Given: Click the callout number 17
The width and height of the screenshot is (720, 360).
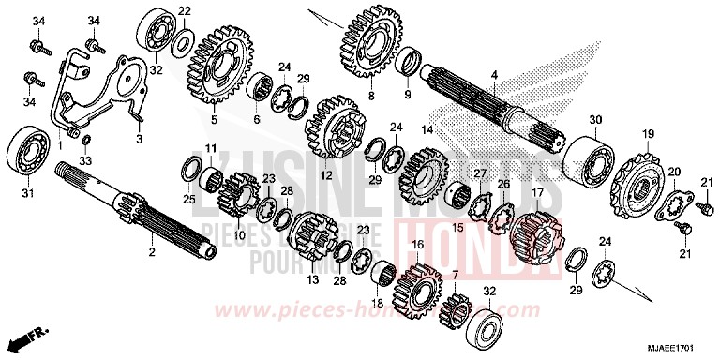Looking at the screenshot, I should point(537,194).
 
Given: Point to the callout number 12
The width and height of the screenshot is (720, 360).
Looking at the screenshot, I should point(328,174).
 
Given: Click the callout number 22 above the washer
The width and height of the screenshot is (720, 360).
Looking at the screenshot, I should point(185,11).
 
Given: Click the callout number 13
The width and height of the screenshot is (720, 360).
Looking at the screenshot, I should point(313,279).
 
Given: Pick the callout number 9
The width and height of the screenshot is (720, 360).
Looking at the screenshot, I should point(407,96).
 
